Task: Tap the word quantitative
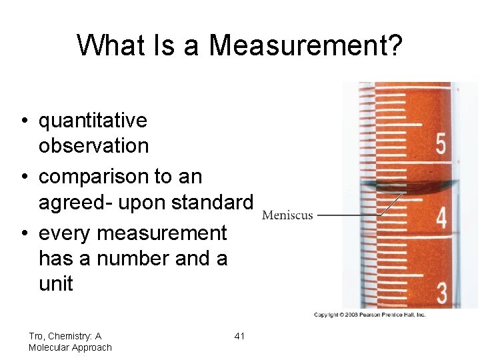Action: [93, 121]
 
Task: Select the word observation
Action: [93, 145]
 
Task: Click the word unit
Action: [55, 283]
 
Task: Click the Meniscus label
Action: [287, 215]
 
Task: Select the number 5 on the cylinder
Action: [441, 145]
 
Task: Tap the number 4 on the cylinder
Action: [441, 217]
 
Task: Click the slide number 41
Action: [239, 336]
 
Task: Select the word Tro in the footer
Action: [37, 336]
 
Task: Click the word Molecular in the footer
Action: [51, 347]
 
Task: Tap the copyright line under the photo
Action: [370, 315]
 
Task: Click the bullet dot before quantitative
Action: [23, 121]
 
